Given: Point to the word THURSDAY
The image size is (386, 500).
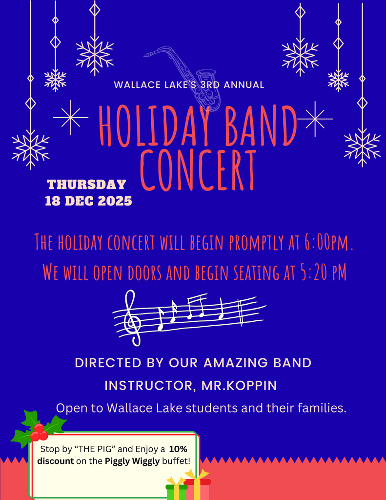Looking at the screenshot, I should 86,185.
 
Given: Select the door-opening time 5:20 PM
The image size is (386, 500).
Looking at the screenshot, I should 322,272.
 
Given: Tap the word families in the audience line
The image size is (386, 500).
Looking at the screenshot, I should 319,408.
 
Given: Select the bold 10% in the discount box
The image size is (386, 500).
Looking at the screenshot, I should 179,449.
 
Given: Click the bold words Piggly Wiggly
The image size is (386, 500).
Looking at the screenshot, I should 132,461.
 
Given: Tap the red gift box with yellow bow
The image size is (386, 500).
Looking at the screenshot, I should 198,486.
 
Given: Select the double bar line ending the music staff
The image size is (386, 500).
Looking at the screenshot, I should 241,312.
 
